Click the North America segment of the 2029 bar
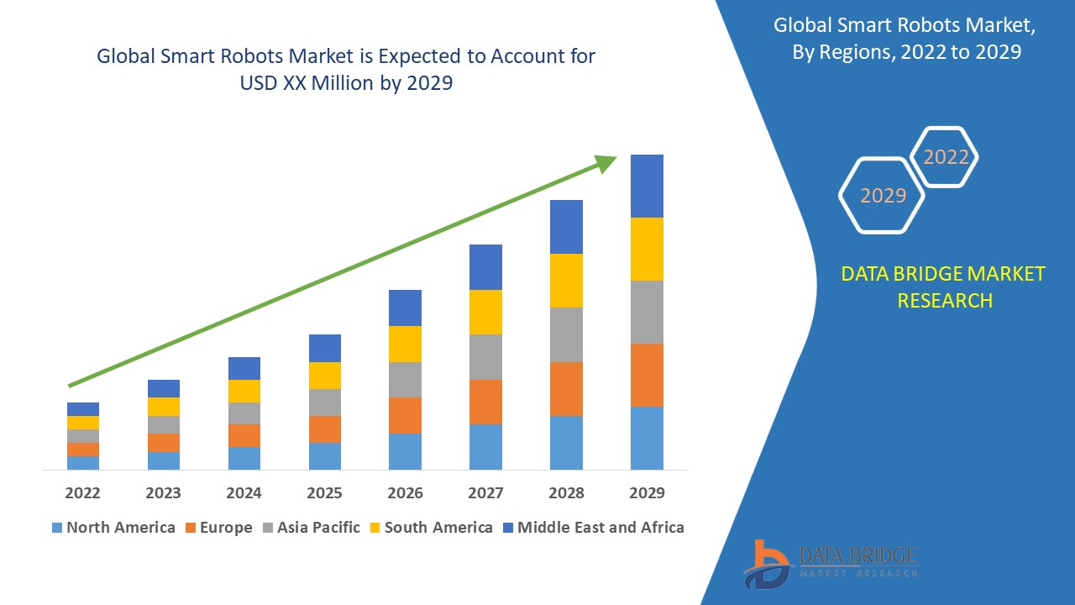[x=647, y=438]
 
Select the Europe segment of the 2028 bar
[x=566, y=388]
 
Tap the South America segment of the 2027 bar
[x=485, y=312]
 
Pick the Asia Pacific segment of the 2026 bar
[x=405, y=379]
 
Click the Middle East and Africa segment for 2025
[x=325, y=348]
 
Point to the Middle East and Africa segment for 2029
[x=647, y=186]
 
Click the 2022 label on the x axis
[x=82, y=492]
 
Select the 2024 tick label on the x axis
[x=244, y=492]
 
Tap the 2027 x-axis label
[x=485, y=492]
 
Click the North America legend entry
[x=113, y=528]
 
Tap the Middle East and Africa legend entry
[x=592, y=528]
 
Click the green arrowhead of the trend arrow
[x=605, y=162]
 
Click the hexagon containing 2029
[x=882, y=195]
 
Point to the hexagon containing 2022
[x=946, y=157]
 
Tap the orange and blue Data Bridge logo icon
[x=766, y=563]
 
